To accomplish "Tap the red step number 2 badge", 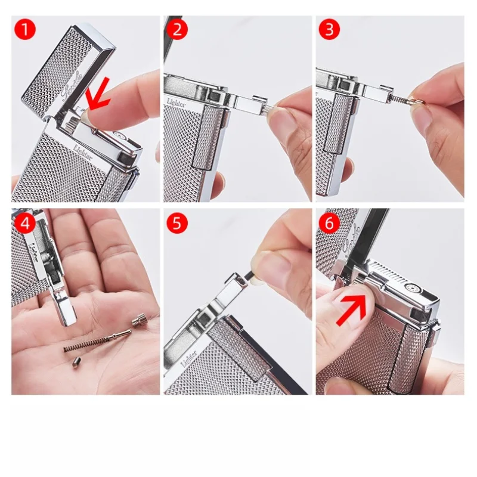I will tap(176, 29).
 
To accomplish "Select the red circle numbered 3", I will tap(329, 29).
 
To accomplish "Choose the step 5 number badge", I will tap(176, 224).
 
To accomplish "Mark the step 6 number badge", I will tap(329, 224).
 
